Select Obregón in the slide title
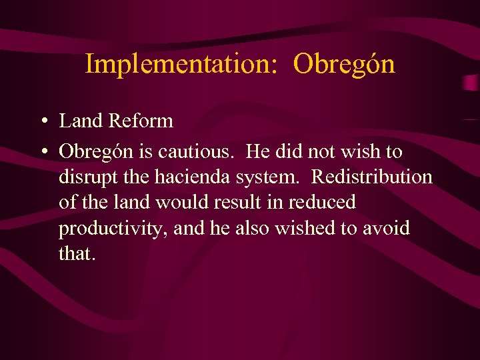[344, 65]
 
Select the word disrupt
[83, 177]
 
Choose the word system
[264, 177]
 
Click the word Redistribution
[371, 177]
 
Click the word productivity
[113, 228]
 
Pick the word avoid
[387, 227]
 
